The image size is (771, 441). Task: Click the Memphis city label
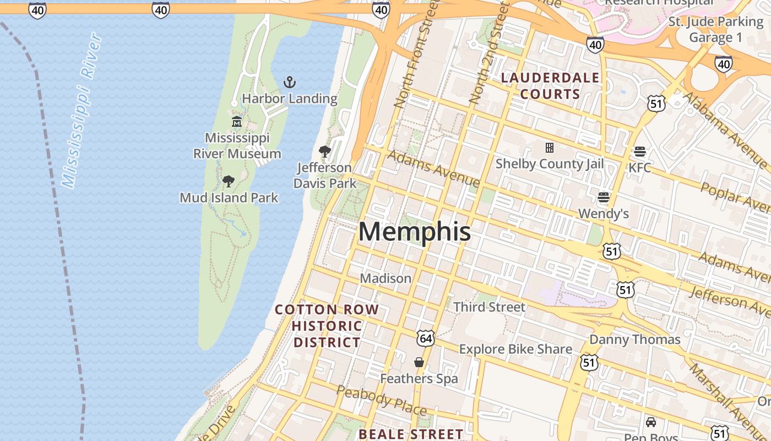pyautogui.click(x=415, y=232)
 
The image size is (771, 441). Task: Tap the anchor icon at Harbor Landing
pyautogui.click(x=290, y=83)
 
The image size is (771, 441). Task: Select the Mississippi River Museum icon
pyautogui.click(x=237, y=122)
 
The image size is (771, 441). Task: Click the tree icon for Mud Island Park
pyautogui.click(x=229, y=181)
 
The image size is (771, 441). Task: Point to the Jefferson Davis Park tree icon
pyautogui.click(x=325, y=152)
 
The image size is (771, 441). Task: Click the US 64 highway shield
pyautogui.click(x=426, y=337)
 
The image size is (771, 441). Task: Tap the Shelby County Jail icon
pyautogui.click(x=549, y=148)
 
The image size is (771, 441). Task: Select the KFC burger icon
pyautogui.click(x=639, y=152)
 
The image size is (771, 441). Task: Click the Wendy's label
pyautogui.click(x=604, y=213)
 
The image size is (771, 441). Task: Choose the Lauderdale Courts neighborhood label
pyautogui.click(x=550, y=86)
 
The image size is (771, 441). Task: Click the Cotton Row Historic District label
pyautogui.click(x=327, y=326)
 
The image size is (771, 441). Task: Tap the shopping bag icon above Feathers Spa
pyautogui.click(x=419, y=362)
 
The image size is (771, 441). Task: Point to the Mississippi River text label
pyautogui.click(x=82, y=110)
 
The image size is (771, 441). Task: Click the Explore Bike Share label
pyautogui.click(x=515, y=349)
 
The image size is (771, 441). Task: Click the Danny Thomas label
pyautogui.click(x=635, y=339)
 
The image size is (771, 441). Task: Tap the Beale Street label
pyautogui.click(x=411, y=434)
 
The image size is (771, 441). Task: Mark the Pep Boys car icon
pyautogui.click(x=651, y=422)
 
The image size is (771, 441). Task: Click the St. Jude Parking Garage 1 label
pyautogui.click(x=716, y=29)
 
